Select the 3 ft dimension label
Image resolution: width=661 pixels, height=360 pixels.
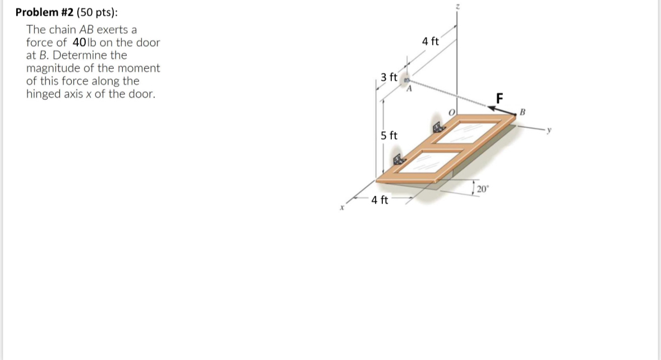pos(389,77)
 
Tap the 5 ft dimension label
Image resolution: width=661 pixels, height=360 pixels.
pos(389,135)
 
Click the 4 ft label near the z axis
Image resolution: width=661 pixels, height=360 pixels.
pos(431,41)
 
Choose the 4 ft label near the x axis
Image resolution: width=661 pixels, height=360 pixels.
pos(380,200)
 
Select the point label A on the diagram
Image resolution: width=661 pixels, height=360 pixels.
pos(409,87)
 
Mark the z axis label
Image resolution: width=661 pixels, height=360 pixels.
pos(457,6)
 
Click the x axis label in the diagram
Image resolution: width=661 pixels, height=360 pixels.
pos(341,209)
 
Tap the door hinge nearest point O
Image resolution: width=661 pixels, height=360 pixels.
pos(438,126)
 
